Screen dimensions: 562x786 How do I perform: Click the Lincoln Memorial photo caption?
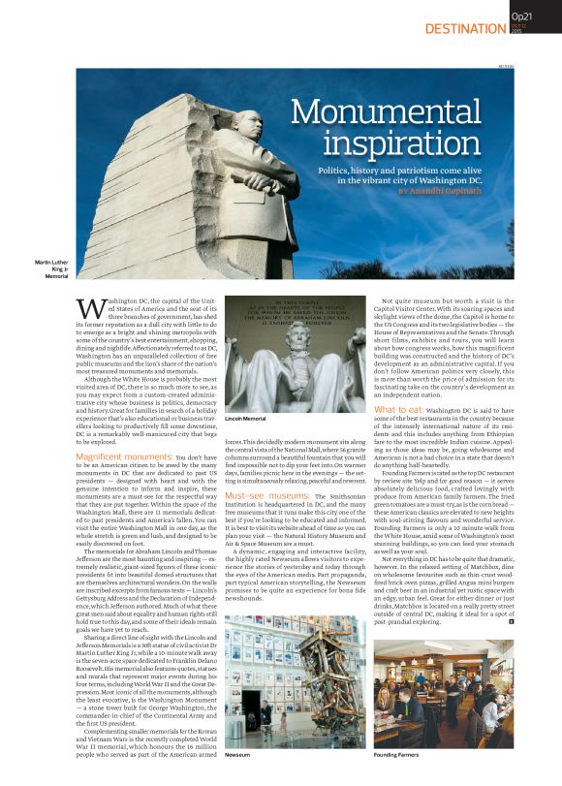245,418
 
